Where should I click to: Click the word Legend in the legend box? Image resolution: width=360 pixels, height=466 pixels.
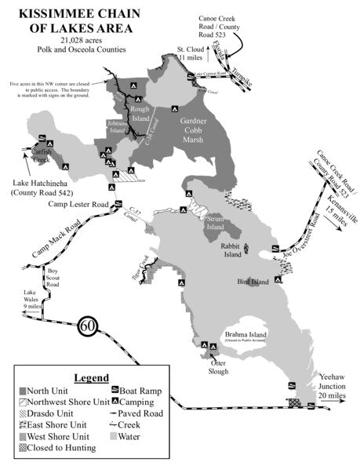91,377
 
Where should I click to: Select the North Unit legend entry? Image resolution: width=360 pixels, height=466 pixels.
49,390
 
